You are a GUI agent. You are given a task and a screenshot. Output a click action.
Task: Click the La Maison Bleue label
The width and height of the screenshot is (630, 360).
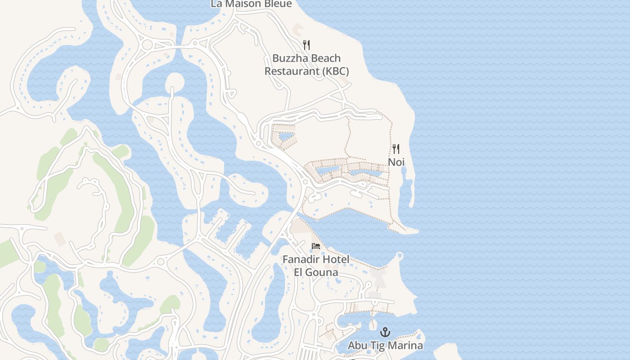[x=251, y=4]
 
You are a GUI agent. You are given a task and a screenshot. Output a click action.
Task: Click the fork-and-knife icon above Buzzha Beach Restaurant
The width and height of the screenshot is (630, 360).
[x=306, y=45]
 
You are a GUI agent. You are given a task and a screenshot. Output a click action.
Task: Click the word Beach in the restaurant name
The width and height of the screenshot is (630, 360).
[x=324, y=58]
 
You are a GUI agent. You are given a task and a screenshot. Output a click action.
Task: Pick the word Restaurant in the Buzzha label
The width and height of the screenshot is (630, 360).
[x=288, y=71]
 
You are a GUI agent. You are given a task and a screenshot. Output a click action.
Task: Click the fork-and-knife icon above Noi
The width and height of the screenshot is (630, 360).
[x=396, y=148]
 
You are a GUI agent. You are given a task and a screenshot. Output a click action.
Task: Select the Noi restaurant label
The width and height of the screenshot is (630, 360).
[x=396, y=162]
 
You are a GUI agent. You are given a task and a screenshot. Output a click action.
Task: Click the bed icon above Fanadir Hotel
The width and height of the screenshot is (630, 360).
[x=316, y=246]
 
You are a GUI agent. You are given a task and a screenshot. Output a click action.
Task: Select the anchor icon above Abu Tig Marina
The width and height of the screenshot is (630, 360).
[x=385, y=332]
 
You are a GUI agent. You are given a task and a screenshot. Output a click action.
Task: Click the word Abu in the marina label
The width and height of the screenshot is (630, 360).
[x=357, y=346]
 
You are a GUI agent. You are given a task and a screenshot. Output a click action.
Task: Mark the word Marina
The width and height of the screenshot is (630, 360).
[x=406, y=346]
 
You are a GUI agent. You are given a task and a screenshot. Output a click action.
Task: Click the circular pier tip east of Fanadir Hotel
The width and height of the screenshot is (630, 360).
[x=400, y=256]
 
